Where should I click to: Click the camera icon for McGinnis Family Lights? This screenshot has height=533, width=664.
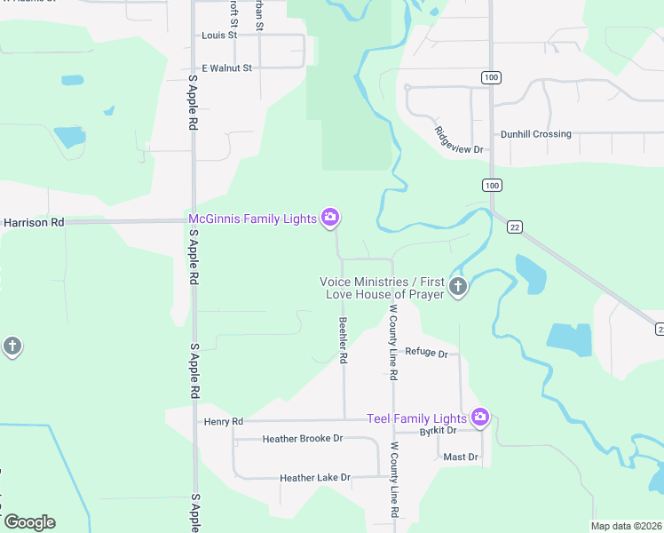point(330,218)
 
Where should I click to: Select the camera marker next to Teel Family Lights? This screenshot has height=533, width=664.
point(479,417)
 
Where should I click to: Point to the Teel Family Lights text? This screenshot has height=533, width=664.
point(417,418)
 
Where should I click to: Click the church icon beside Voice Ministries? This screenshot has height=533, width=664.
point(458,287)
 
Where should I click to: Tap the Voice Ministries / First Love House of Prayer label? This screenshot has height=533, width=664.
point(382,288)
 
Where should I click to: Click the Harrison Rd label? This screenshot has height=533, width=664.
point(33,222)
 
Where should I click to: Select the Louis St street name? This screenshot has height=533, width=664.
point(219,36)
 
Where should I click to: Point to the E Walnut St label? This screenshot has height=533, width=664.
point(227,68)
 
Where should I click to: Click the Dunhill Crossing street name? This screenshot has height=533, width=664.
point(535,134)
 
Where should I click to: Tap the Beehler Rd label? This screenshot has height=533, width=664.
point(343,341)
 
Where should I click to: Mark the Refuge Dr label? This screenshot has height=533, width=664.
point(427,352)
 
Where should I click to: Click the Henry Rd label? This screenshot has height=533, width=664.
point(223,421)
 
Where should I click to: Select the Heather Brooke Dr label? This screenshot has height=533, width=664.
point(303,439)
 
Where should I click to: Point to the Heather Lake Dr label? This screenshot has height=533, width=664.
point(315,478)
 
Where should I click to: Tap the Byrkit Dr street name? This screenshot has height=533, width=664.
point(438,431)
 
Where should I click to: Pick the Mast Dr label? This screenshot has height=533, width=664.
point(461,457)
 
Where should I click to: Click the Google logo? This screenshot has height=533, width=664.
point(29,522)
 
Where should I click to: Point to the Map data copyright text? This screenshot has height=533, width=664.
point(626,526)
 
